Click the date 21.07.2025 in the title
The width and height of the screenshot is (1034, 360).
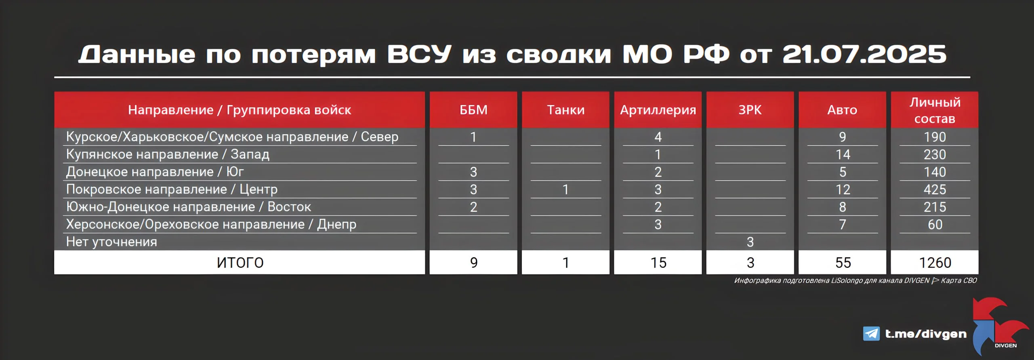[x=864, y=54]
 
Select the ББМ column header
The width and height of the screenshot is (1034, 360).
[x=473, y=110]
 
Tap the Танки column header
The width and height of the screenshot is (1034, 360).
[x=565, y=110]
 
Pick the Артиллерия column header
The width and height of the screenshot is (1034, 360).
[x=658, y=110]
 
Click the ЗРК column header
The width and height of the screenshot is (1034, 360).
[x=750, y=110]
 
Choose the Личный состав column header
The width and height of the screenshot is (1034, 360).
[x=935, y=110]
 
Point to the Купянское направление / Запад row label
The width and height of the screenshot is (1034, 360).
[x=168, y=154]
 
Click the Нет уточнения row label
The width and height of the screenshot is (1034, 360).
[x=111, y=242]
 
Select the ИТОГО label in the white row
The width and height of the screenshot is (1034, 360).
[x=240, y=263]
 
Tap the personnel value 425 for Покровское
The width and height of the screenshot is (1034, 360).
[x=935, y=189]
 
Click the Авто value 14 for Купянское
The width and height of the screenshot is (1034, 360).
[x=843, y=154]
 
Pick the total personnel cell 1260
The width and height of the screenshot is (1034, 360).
[x=935, y=263]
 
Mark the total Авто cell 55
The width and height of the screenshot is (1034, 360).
[x=843, y=263]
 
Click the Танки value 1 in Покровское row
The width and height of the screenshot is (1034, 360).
[x=565, y=189]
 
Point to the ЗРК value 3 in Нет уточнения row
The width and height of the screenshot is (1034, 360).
[x=750, y=242]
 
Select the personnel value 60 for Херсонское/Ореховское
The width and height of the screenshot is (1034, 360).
[x=935, y=224]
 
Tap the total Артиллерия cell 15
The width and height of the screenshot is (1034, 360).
[x=658, y=263]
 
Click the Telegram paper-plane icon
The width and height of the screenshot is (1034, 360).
[x=871, y=334]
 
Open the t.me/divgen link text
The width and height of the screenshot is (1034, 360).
[x=926, y=334]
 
